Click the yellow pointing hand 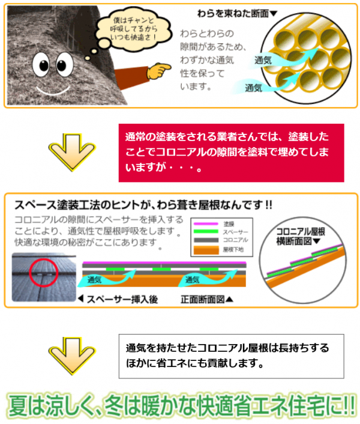158,71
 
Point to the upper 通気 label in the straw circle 265,60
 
